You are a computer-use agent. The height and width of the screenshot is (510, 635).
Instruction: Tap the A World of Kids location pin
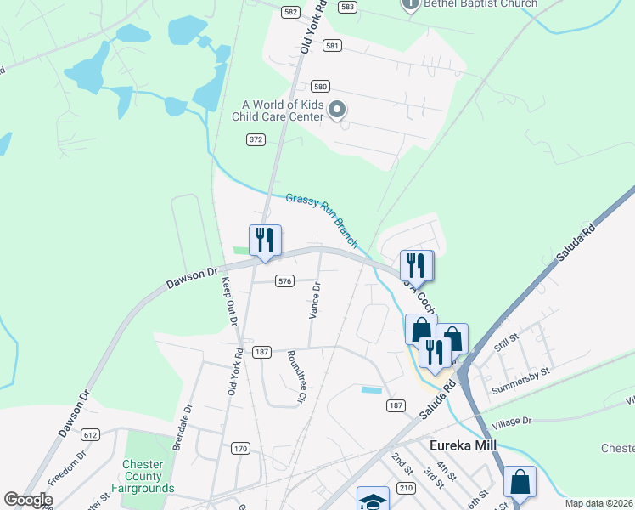coord(337,110)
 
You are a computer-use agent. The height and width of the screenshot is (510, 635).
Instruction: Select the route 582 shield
coord(291,11)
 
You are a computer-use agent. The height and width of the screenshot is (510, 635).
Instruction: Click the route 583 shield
coord(346,6)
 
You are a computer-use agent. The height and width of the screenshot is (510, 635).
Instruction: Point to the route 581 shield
coord(332,46)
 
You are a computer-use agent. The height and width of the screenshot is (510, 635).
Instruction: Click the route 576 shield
coord(284,280)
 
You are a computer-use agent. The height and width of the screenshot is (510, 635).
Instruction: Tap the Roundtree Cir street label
coord(296,376)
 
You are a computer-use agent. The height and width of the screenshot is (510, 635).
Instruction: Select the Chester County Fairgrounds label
coord(149,476)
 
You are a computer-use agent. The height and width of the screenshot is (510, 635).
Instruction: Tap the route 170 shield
coord(240,448)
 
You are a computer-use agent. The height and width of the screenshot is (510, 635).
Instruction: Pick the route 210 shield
coord(405,487)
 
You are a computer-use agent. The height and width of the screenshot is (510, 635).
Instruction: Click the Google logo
coord(28,500)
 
